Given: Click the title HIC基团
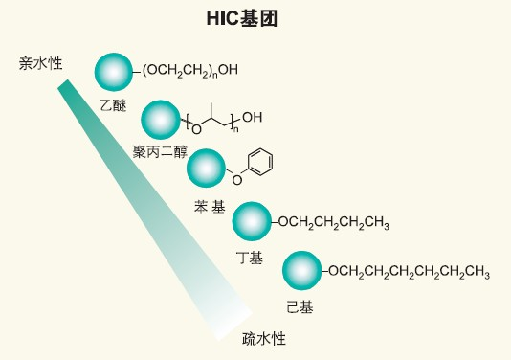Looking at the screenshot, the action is point(242,18).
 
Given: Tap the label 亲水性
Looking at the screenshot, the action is point(40,63).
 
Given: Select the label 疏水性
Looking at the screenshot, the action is point(264,339).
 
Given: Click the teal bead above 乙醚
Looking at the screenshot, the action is point(114,72).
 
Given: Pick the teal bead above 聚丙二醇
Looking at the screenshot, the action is point(161,120).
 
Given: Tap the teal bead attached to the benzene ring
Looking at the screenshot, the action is point(206,169).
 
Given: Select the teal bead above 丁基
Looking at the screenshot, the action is point(252,221).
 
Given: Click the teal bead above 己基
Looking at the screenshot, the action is point(301,270).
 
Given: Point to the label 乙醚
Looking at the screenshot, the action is point(113,105).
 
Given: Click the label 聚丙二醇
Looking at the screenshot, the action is point(160,152).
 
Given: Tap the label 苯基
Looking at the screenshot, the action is point(210,207).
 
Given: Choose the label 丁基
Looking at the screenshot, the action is point(250,259).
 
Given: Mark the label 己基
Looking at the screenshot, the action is point(300,307).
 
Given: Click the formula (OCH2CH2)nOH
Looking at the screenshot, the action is point(190,71).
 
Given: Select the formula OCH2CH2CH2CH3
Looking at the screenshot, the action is point(333,223).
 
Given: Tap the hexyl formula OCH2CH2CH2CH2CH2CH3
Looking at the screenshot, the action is point(409,272).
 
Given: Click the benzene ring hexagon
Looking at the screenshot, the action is point(260,162).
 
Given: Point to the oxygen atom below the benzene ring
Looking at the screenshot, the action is point(237,180).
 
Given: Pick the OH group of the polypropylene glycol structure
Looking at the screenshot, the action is point(253,117).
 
